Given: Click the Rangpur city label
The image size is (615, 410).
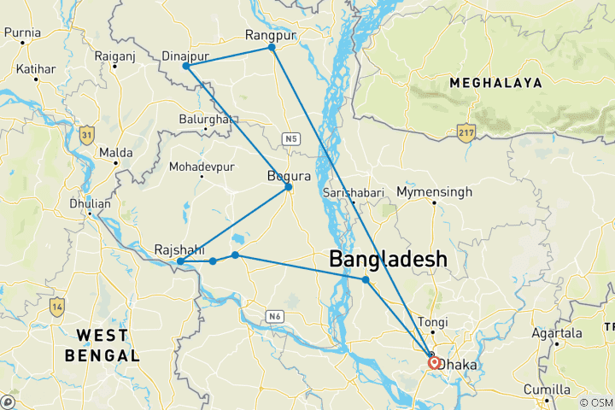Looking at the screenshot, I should (x=270, y=35).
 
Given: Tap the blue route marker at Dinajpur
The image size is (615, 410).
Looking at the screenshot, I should (x=186, y=66).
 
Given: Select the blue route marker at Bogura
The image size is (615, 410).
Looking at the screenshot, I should (x=289, y=187).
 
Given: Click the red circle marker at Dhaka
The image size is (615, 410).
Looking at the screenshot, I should (x=434, y=362).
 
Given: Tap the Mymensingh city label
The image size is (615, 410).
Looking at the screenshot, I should (x=434, y=192).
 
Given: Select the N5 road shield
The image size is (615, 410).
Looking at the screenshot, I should (x=292, y=137).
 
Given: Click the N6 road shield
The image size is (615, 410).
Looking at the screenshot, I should (x=273, y=317).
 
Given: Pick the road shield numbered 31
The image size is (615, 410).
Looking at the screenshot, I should (x=86, y=134).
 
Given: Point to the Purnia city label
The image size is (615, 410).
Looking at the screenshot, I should (x=22, y=33).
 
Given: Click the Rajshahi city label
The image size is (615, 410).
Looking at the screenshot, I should (x=179, y=249).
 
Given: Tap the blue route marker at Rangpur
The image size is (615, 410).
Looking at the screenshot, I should (x=272, y=47).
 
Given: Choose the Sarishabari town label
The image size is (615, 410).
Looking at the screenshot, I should (x=354, y=193).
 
